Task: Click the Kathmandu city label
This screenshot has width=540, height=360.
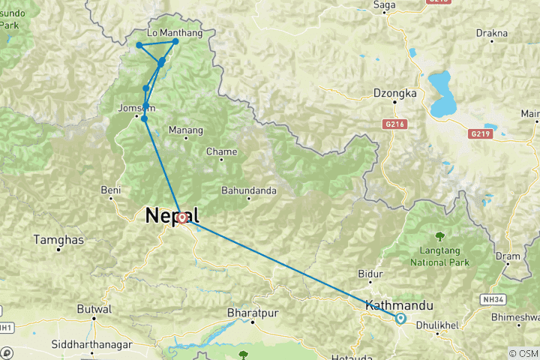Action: [400, 305]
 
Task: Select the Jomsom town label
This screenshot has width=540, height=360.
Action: [136, 108]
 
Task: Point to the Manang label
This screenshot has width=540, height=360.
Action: [185, 130]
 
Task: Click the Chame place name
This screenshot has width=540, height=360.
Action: [221, 151]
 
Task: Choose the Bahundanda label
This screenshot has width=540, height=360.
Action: [250, 190]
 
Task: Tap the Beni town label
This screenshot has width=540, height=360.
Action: [111, 190]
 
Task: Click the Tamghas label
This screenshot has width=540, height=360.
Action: [58, 240]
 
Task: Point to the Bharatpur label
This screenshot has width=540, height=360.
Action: [253, 310]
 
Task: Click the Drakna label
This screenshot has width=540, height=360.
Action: [492, 33]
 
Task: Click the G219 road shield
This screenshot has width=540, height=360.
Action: [479, 133]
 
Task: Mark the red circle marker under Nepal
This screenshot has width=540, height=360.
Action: [182, 217]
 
